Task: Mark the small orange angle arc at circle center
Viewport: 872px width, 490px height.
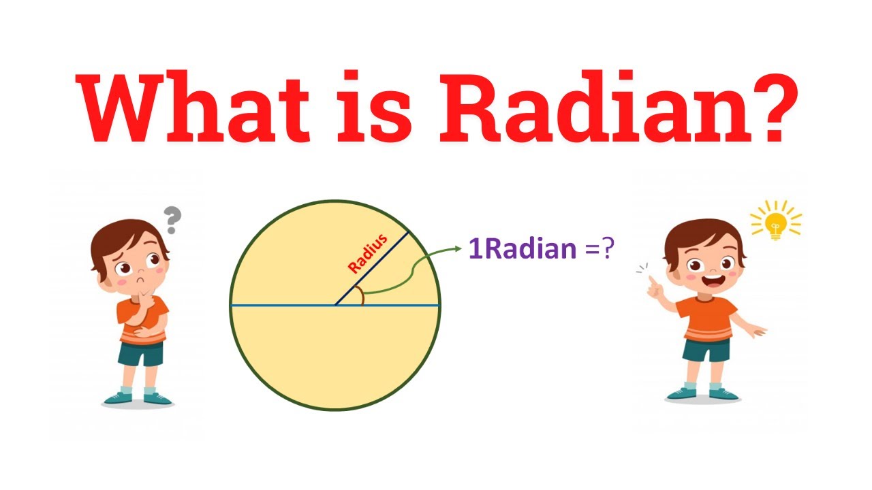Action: (362, 297)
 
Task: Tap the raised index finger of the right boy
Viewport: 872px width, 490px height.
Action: (653, 281)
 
